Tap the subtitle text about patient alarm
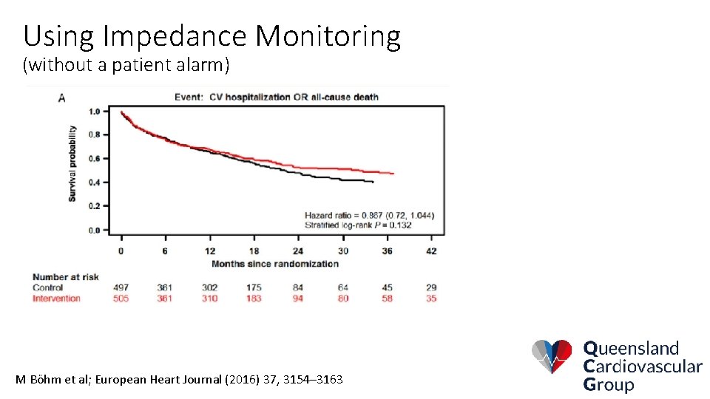pos(126,65)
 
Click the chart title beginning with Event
pos(276,97)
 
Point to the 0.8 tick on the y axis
pos(95,135)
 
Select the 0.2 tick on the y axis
pos(95,206)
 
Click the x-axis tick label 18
pos(254,251)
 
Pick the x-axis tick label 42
pos(431,251)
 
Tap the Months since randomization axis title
pos(275,264)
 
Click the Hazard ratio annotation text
pos(369,215)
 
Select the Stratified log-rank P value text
pos(358,225)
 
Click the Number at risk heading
pos(65,277)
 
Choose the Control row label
pos(47,287)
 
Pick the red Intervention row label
pos(56,298)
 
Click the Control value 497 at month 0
pos(121,287)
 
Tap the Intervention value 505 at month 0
pos(121,298)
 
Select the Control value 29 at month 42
pos(431,287)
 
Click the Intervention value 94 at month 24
pos(298,298)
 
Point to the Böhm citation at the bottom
pos(179,379)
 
